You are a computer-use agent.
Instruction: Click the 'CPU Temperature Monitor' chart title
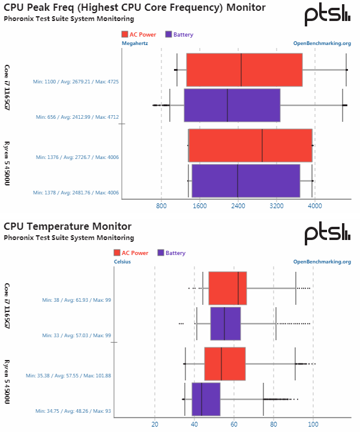pos(67,226)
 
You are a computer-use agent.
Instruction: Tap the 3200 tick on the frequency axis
pos(276,206)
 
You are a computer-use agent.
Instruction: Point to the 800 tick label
pos(161,206)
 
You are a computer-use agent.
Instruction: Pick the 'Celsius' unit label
pos(122,262)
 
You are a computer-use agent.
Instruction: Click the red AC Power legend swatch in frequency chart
pos(124,34)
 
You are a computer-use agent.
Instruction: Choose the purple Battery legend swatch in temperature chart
pos(160,253)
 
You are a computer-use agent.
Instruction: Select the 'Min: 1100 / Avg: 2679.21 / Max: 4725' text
pos(77,81)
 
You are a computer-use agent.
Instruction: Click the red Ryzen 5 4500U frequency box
pos(250,145)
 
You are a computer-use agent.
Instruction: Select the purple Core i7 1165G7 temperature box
pos(226,323)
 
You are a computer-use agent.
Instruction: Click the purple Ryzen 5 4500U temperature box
pos(206,399)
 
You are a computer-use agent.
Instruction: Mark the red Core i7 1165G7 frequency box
pos(244,70)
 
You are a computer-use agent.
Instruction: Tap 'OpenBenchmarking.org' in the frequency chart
pos(322,43)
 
